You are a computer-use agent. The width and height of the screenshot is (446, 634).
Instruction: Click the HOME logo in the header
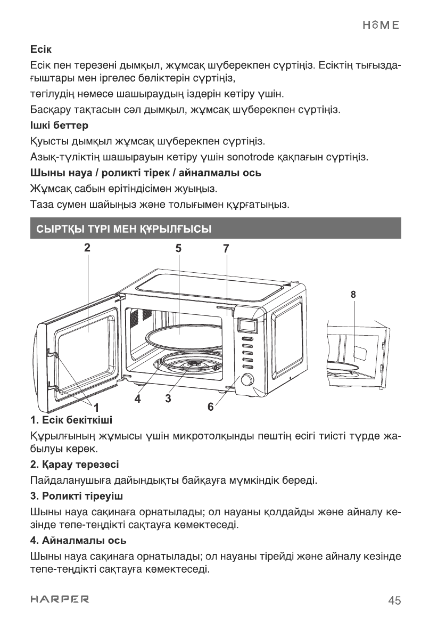(381, 25)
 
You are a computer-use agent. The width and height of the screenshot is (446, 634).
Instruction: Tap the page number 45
(394, 600)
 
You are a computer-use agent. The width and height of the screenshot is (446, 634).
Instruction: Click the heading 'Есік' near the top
(40, 52)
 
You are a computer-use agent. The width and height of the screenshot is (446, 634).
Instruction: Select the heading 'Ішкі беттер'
(59, 126)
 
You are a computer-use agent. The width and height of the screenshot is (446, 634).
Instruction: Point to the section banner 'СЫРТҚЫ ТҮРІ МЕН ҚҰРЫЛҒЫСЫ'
(123, 230)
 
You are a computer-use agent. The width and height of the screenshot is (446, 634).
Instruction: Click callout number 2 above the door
(87, 247)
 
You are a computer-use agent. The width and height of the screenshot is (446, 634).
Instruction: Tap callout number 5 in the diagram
(178, 248)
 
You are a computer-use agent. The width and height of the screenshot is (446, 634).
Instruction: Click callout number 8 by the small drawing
(353, 294)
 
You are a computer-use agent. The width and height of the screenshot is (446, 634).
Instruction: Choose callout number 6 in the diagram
(211, 407)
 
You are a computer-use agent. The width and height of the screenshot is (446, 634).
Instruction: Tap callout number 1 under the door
(96, 408)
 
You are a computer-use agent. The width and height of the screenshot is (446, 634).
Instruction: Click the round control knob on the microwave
(247, 380)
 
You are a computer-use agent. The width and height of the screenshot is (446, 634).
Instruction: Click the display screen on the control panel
(247, 324)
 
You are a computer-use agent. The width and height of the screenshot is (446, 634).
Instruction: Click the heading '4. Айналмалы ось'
(78, 541)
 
